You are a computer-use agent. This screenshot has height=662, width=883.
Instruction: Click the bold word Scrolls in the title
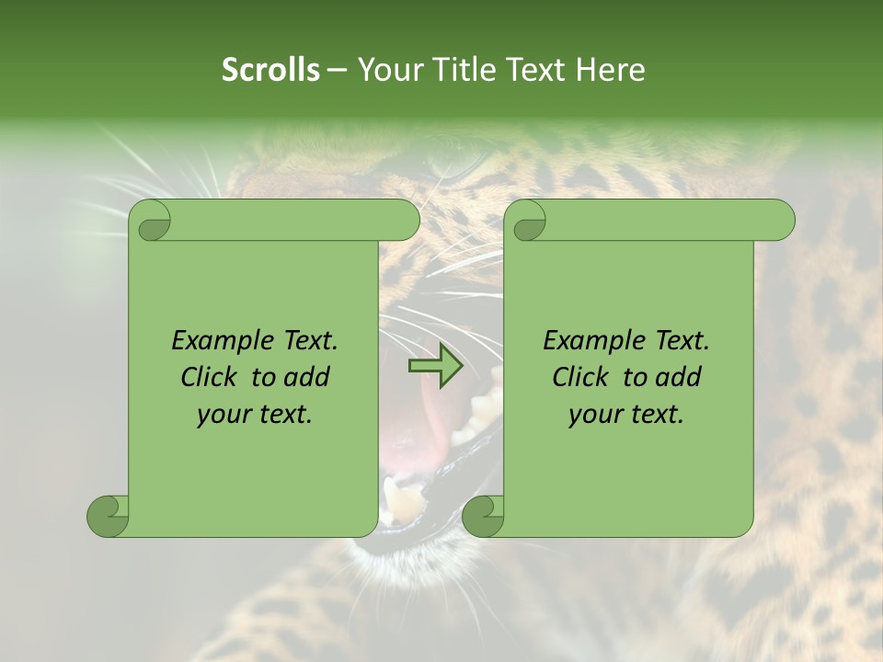270,70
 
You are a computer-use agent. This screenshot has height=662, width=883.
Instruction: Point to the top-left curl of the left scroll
150,221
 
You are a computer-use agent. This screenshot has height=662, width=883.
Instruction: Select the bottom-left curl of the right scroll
483,516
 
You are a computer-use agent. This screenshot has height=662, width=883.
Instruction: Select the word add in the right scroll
681,378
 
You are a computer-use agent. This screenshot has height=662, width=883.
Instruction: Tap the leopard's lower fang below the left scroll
403,501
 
